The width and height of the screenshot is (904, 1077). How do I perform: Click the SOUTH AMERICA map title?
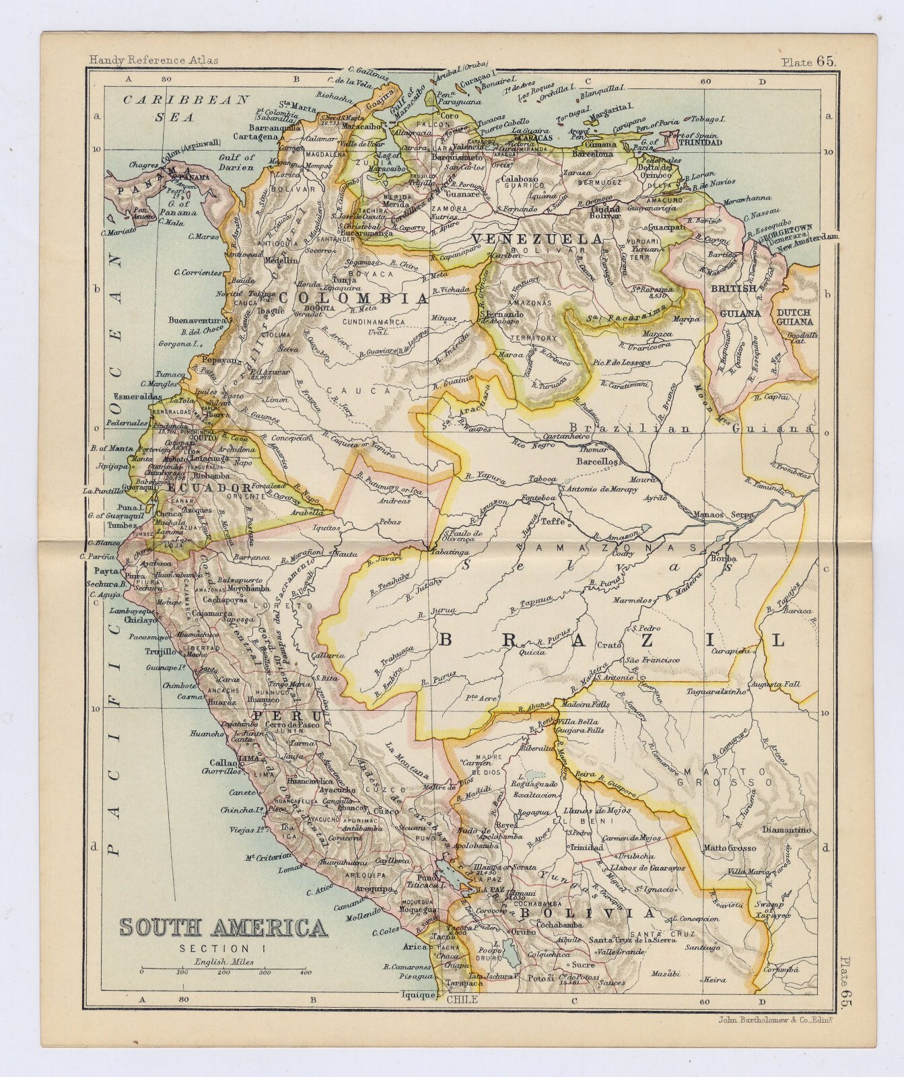[223, 928]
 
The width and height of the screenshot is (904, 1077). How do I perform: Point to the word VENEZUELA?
[536, 239]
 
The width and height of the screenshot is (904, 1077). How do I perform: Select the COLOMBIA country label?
[354, 298]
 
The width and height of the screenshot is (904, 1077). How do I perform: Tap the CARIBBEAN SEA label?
[186, 108]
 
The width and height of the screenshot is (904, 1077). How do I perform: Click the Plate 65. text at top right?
[808, 61]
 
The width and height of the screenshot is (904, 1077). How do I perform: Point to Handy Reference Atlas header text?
[153, 60]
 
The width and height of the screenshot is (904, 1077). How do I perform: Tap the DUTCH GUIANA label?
[796, 317]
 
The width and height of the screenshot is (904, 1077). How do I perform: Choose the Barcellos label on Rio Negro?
[597, 462]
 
